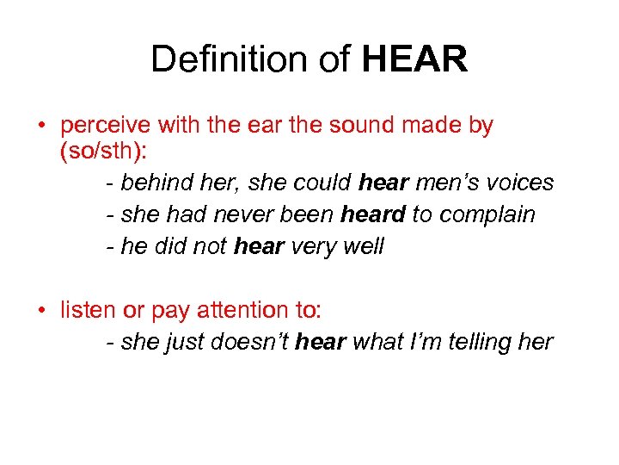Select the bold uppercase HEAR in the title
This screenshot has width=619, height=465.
pyautogui.click(x=415, y=59)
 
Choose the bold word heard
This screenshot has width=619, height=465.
pyautogui.click(x=372, y=214)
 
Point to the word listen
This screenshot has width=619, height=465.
pyautogui.click(x=89, y=310)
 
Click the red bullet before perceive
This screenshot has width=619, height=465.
pyautogui.click(x=41, y=126)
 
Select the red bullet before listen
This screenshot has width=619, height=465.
pyautogui.click(x=41, y=311)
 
